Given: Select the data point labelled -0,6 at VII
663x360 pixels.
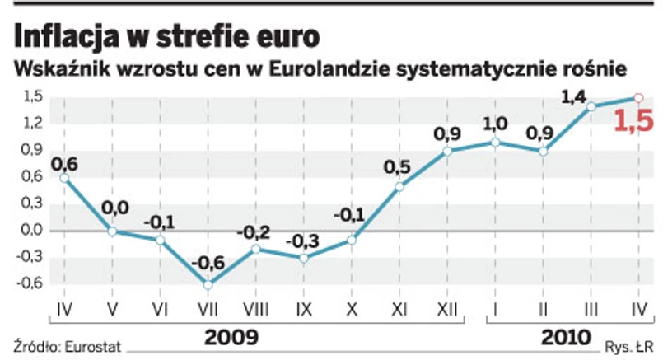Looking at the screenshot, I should [x=208, y=284].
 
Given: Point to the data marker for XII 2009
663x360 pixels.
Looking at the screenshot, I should [x=446, y=151].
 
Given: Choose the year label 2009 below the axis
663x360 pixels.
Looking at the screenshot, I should [x=231, y=337].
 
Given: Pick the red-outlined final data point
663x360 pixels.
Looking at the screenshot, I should [x=637, y=97].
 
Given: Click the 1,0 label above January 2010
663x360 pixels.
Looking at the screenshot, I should [x=494, y=125].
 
